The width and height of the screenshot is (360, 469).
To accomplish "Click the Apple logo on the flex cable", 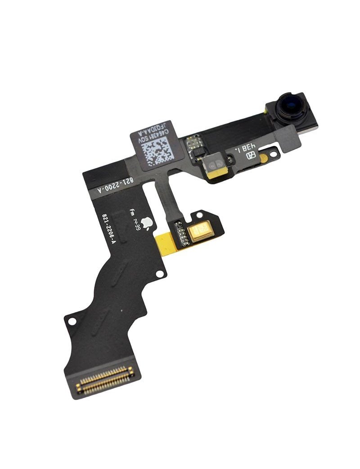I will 147,222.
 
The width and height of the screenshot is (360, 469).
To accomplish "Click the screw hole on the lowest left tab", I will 71,322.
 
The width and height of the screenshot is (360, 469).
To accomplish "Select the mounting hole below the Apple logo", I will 159,274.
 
